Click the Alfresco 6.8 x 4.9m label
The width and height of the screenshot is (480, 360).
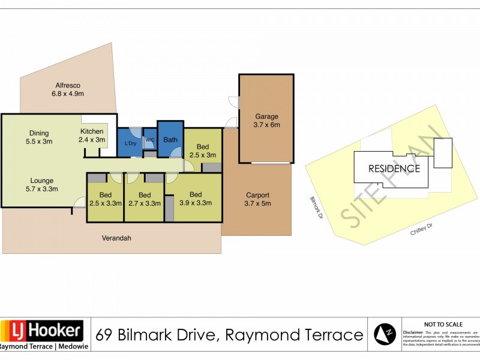pos(68,89)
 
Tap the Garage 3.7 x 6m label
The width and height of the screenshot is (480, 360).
pos(267,121)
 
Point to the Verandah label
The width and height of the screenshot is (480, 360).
pos(116,238)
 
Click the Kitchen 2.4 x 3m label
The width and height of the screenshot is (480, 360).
pos(92,136)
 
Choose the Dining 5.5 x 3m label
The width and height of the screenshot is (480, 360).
pos(38,137)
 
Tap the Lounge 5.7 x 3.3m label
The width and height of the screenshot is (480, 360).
pos(43,185)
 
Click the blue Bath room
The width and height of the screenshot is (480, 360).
pos(170,139)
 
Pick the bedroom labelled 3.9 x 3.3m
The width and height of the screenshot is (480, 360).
pos(196,199)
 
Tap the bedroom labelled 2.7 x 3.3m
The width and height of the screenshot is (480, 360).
pos(144,199)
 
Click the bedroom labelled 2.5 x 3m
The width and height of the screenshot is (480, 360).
pos(203,151)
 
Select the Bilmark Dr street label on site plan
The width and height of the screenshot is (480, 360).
pos(316,207)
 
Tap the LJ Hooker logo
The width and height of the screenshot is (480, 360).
pos(42,331)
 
